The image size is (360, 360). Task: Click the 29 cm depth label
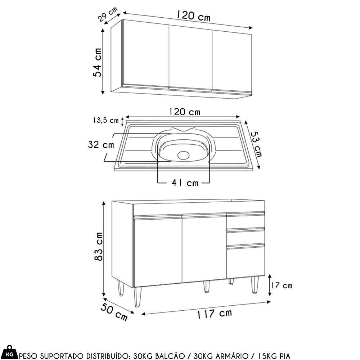point(108,14)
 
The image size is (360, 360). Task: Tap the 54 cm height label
point(97,62)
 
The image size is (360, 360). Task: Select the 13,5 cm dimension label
point(106,120)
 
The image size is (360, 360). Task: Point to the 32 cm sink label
point(101,145)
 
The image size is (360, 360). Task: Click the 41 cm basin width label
point(185,183)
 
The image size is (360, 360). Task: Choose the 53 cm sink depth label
point(256,144)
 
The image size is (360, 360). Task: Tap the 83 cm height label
point(99,246)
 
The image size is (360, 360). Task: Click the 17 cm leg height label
point(282,285)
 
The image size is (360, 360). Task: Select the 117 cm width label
point(215,314)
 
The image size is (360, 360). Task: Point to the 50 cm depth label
point(114,312)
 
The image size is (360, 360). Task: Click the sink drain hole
point(184,155)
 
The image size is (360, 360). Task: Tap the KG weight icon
point(9,352)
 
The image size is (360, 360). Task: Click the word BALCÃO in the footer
point(170,356)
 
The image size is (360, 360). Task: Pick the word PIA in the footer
point(285,356)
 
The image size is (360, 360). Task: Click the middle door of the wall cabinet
point(190,57)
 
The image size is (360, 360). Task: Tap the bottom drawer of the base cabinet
point(246,262)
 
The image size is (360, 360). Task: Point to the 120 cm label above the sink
point(185,112)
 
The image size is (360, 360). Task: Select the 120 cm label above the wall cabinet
point(193,16)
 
